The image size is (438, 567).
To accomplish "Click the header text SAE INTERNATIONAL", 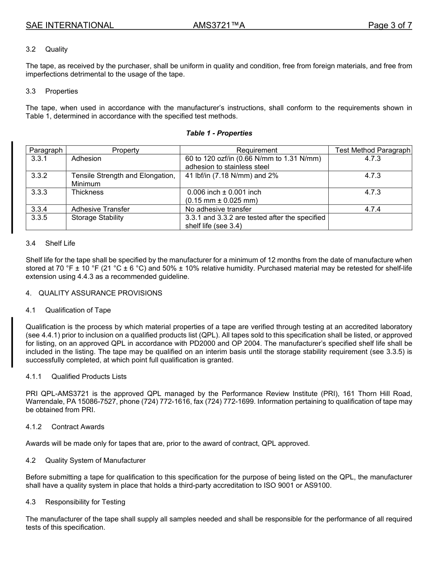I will pyautogui.click(x=70, y=25).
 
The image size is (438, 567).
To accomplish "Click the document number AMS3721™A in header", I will pyautogui.click(x=219, y=25).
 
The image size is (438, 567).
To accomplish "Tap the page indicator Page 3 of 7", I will pyautogui.click(x=390, y=25).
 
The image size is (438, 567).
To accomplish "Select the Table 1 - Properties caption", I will pyautogui.click(x=219, y=133).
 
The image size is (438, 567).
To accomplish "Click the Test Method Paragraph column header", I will pyautogui.click(x=373, y=150).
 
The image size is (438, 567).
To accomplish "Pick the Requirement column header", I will pyautogui.click(x=257, y=150).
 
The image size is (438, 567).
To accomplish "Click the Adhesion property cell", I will pyautogui.click(x=86, y=159).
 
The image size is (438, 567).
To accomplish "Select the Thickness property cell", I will pyautogui.click(x=88, y=192).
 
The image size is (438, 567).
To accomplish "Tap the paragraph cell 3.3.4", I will pyautogui.click(x=39, y=209).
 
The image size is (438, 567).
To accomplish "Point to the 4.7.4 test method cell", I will pyautogui.click(x=373, y=209).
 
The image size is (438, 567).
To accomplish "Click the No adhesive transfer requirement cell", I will pyautogui.click(x=219, y=209).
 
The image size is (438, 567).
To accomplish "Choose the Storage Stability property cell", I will pyautogui.click(x=97, y=218).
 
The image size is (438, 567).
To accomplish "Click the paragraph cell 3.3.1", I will pyautogui.click(x=39, y=159).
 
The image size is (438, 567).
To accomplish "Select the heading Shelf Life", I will pyautogui.click(x=60, y=243).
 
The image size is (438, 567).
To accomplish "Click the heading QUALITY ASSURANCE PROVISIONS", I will pyautogui.click(x=100, y=293).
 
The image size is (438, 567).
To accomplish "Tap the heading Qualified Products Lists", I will pyautogui.click(x=89, y=377).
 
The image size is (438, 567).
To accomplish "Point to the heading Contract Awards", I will pyautogui.click(x=78, y=427).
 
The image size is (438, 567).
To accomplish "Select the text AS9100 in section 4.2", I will pyautogui.click(x=317, y=485).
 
